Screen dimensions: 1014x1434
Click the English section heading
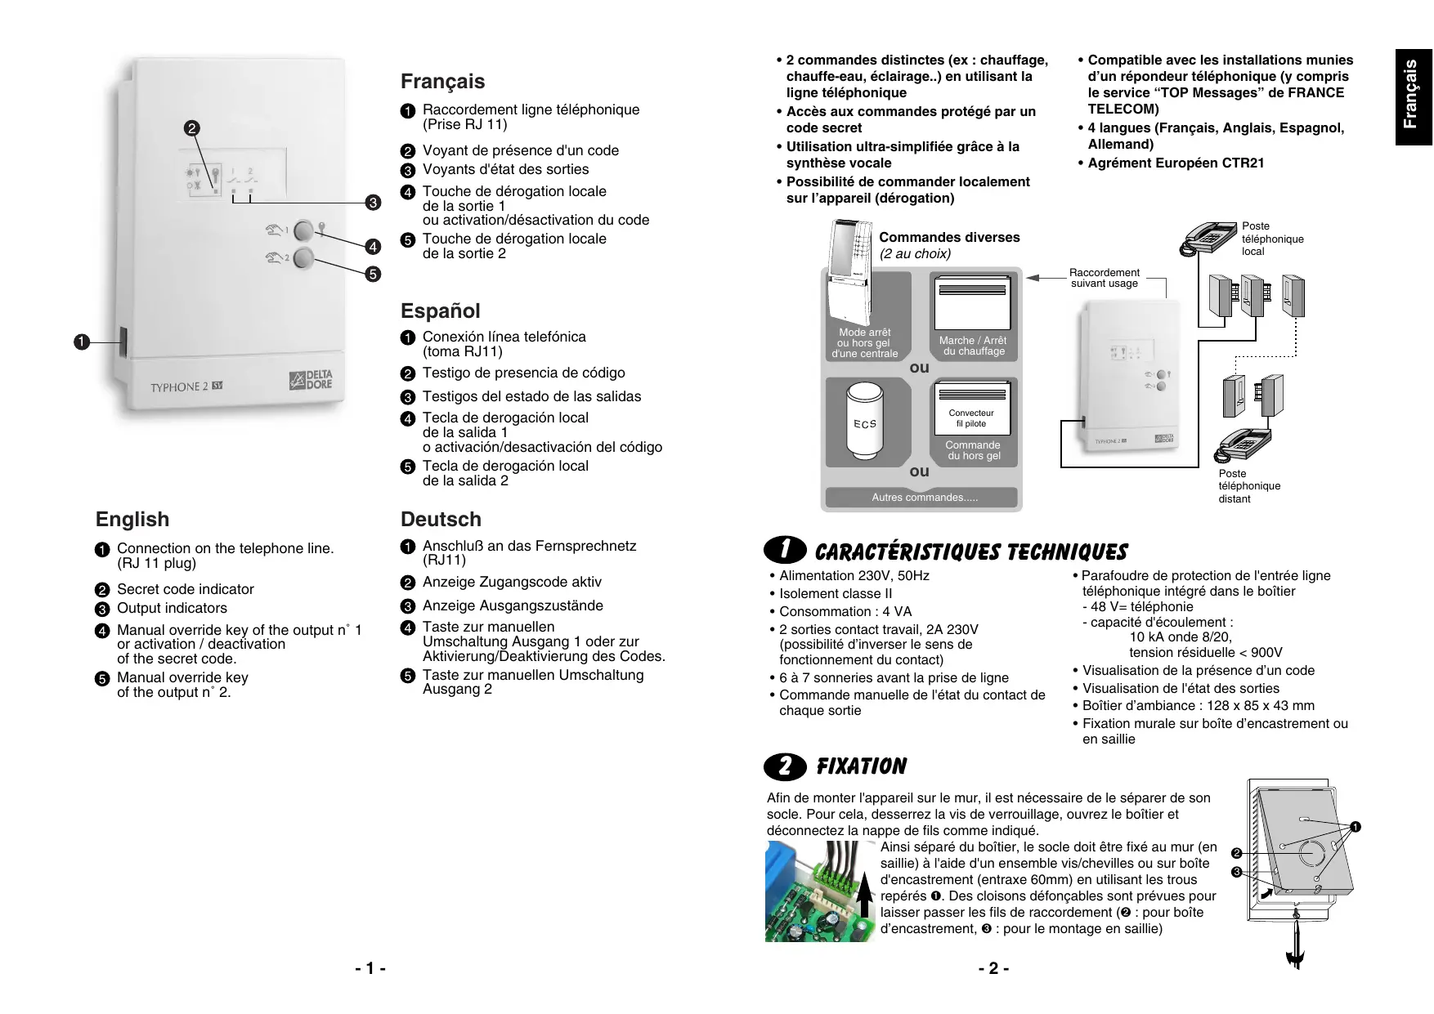[x=132, y=520]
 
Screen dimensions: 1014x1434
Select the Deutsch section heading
[x=441, y=520]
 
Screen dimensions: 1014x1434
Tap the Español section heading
[x=440, y=311]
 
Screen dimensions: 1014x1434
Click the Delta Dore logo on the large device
[x=311, y=380]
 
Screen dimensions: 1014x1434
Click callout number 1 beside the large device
[x=81, y=342]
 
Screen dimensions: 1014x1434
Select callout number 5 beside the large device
[x=373, y=274]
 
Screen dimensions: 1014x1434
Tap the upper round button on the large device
[x=304, y=230]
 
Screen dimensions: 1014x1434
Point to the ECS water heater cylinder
[x=865, y=423]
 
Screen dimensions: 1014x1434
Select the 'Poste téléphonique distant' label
[x=1248, y=486]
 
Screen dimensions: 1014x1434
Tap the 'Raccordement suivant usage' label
[x=1104, y=278]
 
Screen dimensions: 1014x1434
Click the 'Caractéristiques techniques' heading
[x=970, y=552]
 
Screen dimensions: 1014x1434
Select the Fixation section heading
[x=861, y=766]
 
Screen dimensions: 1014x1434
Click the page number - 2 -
[x=993, y=969]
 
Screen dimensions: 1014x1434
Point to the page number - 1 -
[x=370, y=969]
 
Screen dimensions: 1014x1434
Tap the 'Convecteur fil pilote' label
[x=971, y=418]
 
